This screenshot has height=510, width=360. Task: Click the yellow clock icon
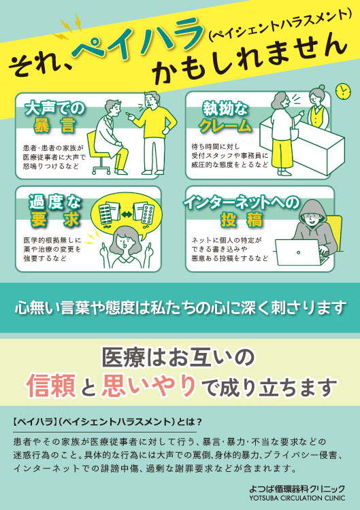click(x=343, y=91)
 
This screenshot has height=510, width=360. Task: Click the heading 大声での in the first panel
click(x=54, y=109)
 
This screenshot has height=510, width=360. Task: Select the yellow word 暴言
click(x=54, y=126)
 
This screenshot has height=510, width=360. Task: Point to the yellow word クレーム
click(x=225, y=126)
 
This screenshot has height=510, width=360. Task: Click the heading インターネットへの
click(x=241, y=203)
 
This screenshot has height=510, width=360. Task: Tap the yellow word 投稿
click(x=241, y=220)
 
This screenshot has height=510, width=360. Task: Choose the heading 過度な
click(x=54, y=203)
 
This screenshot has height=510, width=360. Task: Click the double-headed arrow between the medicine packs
click(x=127, y=214)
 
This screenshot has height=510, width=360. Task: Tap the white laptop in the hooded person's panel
click(x=299, y=252)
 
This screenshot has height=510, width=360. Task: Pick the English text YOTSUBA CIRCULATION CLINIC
click(x=297, y=498)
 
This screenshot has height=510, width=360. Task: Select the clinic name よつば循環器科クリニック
click(x=297, y=489)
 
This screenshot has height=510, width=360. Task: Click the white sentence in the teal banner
click(x=180, y=307)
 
